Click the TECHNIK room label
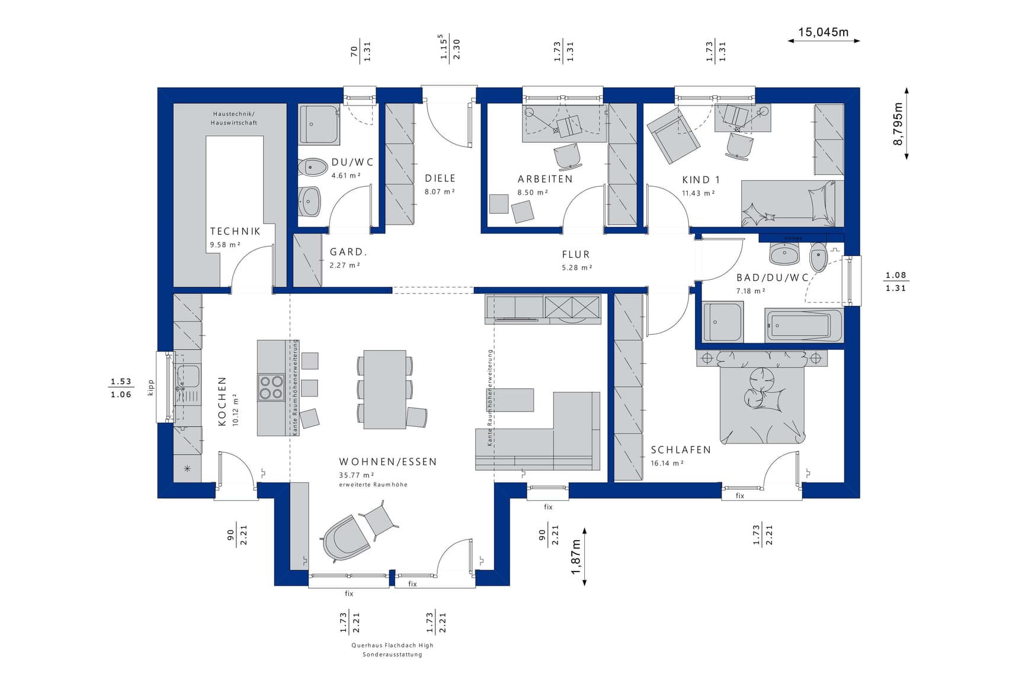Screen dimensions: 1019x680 click(235, 231)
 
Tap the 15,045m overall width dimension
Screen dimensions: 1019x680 click(823, 32)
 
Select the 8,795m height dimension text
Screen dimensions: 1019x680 click(899, 124)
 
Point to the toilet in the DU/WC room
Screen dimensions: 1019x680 click(312, 167)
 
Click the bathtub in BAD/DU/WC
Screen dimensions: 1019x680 click(803, 325)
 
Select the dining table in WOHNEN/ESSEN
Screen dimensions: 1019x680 click(384, 389)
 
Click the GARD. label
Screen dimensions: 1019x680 click(348, 252)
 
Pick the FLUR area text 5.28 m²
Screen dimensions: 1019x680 click(577, 268)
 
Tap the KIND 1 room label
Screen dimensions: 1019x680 click(701, 180)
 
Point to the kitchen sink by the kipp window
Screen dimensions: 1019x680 click(188, 377)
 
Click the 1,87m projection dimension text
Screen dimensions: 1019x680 click(576, 557)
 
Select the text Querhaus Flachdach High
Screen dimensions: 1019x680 click(392, 645)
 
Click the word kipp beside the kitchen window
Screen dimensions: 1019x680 click(150, 387)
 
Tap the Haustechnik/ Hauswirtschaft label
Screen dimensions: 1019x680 click(234, 118)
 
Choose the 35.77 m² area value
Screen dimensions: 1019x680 click(357, 475)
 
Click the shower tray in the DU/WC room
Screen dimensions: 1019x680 click(319, 124)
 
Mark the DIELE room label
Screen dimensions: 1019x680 click(440, 178)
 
